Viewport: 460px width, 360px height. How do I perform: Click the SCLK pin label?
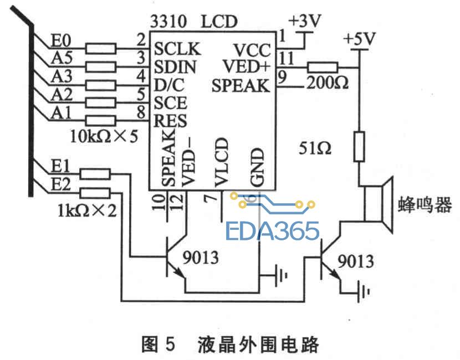177,49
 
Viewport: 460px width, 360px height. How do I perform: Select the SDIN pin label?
175,67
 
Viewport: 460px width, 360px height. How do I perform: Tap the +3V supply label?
305,21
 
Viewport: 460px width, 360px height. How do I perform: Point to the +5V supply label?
359,38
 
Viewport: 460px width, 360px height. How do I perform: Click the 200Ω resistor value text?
328,83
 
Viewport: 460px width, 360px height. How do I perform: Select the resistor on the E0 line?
101,48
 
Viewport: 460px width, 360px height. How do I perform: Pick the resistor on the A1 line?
101,121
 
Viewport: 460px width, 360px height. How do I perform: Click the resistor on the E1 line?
95,174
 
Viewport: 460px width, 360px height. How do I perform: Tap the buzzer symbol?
379,204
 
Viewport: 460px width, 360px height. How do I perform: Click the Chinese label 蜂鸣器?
425,204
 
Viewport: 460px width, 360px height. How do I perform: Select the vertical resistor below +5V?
359,147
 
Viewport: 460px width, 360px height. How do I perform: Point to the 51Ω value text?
315,148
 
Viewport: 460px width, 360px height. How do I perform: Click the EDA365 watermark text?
272,231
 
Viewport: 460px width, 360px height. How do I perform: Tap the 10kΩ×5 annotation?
104,136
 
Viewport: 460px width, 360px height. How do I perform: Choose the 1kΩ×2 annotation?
87,210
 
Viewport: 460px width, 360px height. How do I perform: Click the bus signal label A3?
62,76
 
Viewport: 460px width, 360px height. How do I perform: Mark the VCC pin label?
252,50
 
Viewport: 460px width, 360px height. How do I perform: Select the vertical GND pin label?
258,167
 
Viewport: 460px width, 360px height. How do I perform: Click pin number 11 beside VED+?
286,58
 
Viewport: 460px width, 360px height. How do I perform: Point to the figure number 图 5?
159,344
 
